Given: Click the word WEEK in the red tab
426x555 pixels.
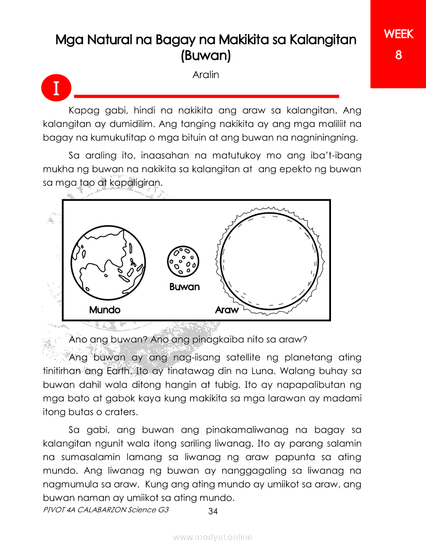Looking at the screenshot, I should point(398,34).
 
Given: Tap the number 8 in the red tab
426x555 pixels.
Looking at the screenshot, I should point(398,55).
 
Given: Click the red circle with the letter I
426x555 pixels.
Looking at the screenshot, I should point(56,88).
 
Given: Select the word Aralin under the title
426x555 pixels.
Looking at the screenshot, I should point(206,75).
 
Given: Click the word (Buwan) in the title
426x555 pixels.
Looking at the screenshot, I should point(206,55).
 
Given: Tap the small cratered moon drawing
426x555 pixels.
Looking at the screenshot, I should point(183,260).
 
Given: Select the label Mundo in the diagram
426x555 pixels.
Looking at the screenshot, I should point(104,310).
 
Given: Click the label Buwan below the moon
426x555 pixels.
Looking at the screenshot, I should point(184,287).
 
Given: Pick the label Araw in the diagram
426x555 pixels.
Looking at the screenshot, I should point(227,310).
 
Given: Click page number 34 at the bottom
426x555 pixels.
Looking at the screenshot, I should point(213,512).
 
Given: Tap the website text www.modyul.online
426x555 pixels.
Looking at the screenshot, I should point(213,537).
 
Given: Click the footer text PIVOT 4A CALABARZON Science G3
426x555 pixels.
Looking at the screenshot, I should point(106,510).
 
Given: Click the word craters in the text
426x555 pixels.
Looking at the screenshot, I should point(122,413).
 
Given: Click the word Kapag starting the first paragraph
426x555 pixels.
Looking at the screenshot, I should point(83,111).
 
